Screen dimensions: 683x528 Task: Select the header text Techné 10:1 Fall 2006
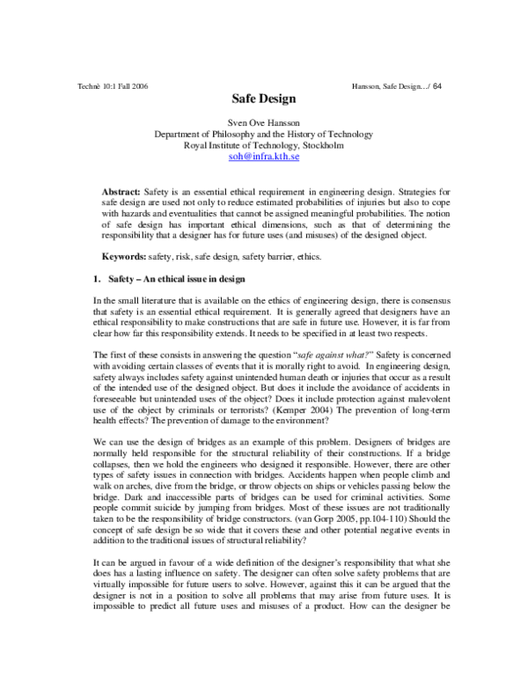[x=114, y=85]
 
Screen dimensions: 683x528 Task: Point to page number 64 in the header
[x=437, y=85]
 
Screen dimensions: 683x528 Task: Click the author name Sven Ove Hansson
[x=263, y=123]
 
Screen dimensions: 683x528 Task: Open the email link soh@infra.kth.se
[x=263, y=158]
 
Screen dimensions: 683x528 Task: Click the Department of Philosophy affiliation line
[x=263, y=135]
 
